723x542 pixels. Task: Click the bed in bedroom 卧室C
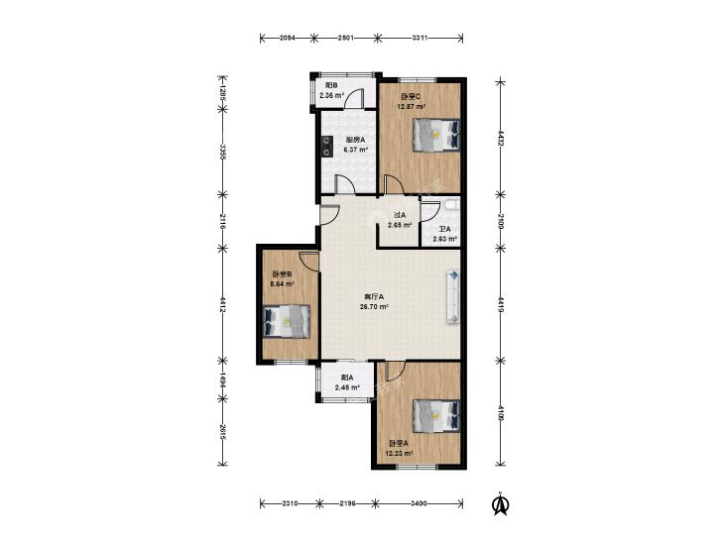pyautogui.click(x=436, y=135)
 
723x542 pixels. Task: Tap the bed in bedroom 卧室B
pyautogui.click(x=287, y=321)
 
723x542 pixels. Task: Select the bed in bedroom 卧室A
pyautogui.click(x=436, y=415)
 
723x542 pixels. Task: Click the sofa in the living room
pyautogui.click(x=453, y=297)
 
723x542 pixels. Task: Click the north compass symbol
pyautogui.click(x=500, y=504)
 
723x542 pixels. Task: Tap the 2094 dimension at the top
pyautogui.click(x=288, y=38)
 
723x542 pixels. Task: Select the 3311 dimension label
pyautogui.click(x=421, y=38)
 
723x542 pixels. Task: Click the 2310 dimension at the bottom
pyautogui.click(x=290, y=503)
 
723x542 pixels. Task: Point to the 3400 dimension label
pyautogui.click(x=419, y=503)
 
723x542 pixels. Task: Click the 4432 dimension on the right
pyautogui.click(x=500, y=138)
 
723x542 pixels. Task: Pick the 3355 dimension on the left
pyautogui.click(x=222, y=152)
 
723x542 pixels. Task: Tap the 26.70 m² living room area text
pyautogui.click(x=375, y=306)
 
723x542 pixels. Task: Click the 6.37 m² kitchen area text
pyautogui.click(x=355, y=150)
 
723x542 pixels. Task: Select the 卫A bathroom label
pyautogui.click(x=444, y=229)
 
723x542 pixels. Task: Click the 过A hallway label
pyautogui.click(x=400, y=215)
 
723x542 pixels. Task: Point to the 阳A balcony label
pyautogui.click(x=347, y=378)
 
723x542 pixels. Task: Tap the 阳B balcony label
pyautogui.click(x=331, y=85)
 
